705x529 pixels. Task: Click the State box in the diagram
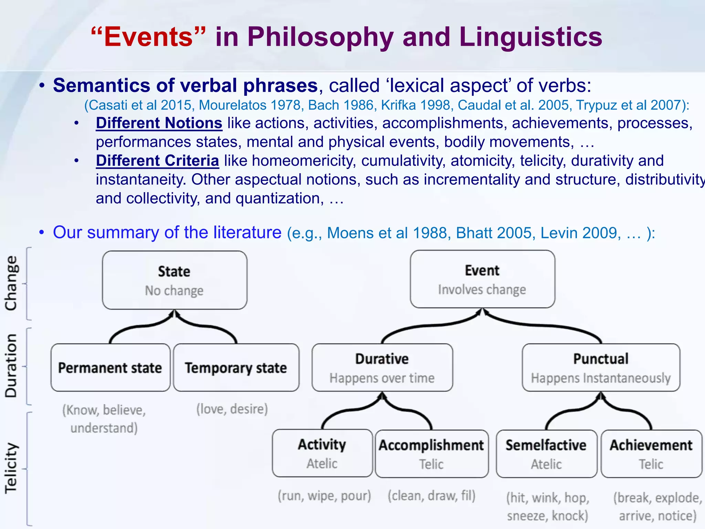point(175,280)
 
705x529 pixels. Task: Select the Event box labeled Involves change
point(482,279)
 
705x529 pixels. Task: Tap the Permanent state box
point(110,367)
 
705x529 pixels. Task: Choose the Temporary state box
point(236,367)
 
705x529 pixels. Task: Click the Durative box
point(382,367)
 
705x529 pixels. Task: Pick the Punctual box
point(601,367)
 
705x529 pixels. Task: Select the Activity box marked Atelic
point(322,453)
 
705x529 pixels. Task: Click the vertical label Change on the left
point(11,283)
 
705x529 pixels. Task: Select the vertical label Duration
point(11,366)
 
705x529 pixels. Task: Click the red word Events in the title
point(148,37)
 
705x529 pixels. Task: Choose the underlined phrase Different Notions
point(159,123)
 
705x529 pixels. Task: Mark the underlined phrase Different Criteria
point(157,160)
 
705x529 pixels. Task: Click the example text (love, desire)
point(232,409)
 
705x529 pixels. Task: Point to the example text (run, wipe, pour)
point(324,496)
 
